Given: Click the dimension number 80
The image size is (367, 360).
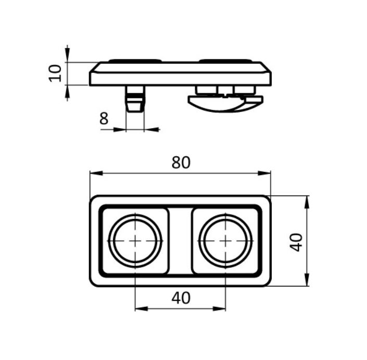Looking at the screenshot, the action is coord(181,163).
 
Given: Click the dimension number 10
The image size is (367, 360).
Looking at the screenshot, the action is coord(55,73).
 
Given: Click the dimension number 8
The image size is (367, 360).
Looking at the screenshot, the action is coord(104,118).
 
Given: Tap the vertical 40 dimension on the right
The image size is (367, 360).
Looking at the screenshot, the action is coord(296,242).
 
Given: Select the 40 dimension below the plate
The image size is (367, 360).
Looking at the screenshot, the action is coord(181,298).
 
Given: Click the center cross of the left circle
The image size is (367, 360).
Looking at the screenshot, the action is coord(135,241).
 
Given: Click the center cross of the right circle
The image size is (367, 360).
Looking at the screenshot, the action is coord(225,241).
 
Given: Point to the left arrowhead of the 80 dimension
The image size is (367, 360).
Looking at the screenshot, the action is coord(96,173).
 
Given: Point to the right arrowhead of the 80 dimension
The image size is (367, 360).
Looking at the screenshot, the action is coord(264,173).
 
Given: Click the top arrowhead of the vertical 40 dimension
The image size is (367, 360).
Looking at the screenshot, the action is coord(307,202).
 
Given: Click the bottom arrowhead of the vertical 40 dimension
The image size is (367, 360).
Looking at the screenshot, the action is coord(307,279).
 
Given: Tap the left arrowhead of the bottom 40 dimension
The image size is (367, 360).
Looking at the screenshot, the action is coord(142,309).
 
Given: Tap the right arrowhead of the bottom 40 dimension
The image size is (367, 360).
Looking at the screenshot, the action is coord(219,309).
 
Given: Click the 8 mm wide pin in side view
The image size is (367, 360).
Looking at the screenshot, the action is coord(135,99).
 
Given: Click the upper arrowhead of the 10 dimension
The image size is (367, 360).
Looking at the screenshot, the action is coord(67,55).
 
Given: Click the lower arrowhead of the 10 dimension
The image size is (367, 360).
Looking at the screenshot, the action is coord(67,92).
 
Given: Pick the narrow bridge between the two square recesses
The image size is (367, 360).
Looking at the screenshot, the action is coord(180,241).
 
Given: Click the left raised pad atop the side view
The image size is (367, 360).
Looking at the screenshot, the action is coord(135,60).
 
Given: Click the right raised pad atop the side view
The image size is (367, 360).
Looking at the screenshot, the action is coord(225,60).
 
